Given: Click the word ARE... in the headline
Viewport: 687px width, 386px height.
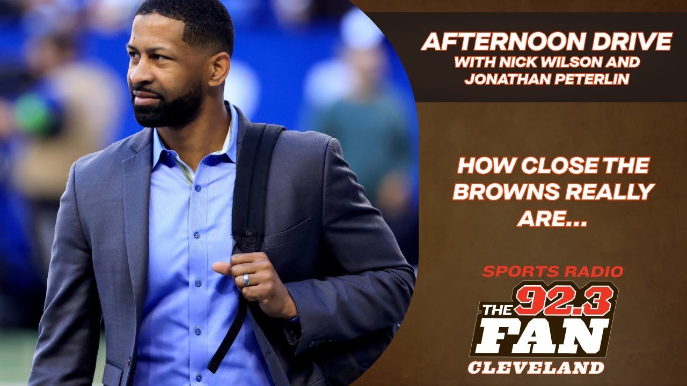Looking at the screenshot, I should [552, 217].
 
